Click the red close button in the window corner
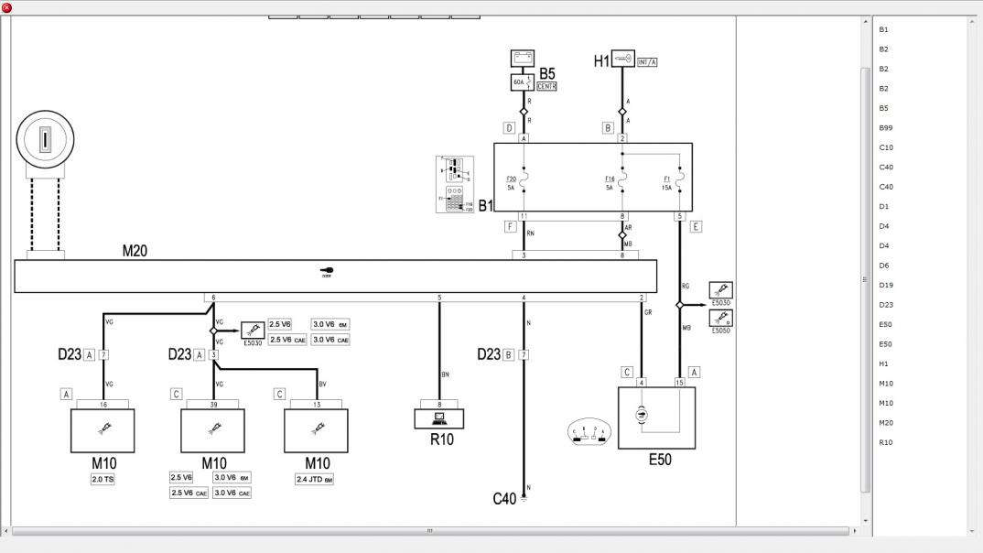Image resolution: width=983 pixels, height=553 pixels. pyautogui.click(x=6, y=7)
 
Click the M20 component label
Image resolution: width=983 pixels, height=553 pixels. pyautogui.click(x=135, y=250)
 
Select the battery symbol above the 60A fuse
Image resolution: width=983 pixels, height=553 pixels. pyautogui.click(x=524, y=59)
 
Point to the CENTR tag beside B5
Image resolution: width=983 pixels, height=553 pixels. pyautogui.click(x=546, y=86)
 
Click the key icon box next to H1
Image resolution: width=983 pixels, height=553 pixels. pyautogui.click(x=622, y=58)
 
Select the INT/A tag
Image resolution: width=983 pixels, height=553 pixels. pyautogui.click(x=647, y=62)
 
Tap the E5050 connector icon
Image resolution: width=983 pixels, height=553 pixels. pyautogui.click(x=721, y=320)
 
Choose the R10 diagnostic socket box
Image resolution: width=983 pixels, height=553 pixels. pyautogui.click(x=439, y=418)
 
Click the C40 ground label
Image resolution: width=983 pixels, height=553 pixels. pyautogui.click(x=504, y=499)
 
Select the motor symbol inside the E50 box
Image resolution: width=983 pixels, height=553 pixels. pyautogui.click(x=641, y=415)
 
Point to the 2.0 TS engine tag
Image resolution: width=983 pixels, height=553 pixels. pyautogui.click(x=103, y=479)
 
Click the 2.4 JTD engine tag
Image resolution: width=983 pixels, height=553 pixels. pyautogui.click(x=315, y=479)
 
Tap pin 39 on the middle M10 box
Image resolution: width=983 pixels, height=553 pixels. pyautogui.click(x=213, y=403)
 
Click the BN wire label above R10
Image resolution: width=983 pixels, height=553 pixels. pyautogui.click(x=445, y=374)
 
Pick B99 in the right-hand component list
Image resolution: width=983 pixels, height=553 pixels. pyautogui.click(x=885, y=128)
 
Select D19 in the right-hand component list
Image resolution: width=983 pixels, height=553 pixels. pyautogui.click(x=885, y=285)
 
